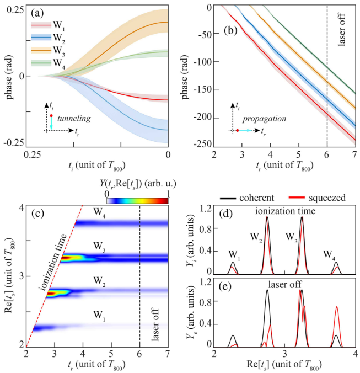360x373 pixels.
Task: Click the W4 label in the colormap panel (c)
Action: point(100,210)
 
